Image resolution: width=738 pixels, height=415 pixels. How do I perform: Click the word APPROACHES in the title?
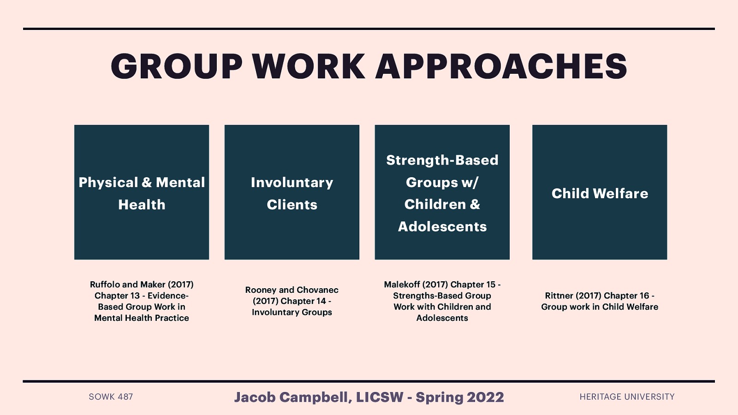click(501, 66)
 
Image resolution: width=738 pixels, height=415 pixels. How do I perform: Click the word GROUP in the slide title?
click(177, 66)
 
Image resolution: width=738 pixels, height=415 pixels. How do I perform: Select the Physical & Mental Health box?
click(142, 192)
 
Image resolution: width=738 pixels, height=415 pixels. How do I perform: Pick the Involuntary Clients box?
click(292, 192)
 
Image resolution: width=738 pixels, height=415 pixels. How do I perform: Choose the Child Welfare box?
click(600, 192)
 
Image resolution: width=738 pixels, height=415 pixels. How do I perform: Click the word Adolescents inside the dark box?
click(442, 226)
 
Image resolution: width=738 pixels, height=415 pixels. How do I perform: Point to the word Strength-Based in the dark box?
click(442, 160)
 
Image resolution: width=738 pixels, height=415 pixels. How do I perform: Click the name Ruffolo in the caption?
click(105, 285)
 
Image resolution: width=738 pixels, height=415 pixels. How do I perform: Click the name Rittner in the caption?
click(559, 296)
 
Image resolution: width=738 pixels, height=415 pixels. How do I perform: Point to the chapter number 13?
click(135, 296)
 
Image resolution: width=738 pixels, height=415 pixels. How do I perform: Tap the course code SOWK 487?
click(111, 397)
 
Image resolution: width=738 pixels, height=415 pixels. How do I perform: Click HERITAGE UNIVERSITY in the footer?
click(627, 397)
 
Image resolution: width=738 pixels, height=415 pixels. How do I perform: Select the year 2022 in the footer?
click(485, 397)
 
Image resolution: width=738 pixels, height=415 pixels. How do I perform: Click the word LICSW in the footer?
click(380, 397)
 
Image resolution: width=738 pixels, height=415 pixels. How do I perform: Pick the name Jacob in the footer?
click(255, 397)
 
